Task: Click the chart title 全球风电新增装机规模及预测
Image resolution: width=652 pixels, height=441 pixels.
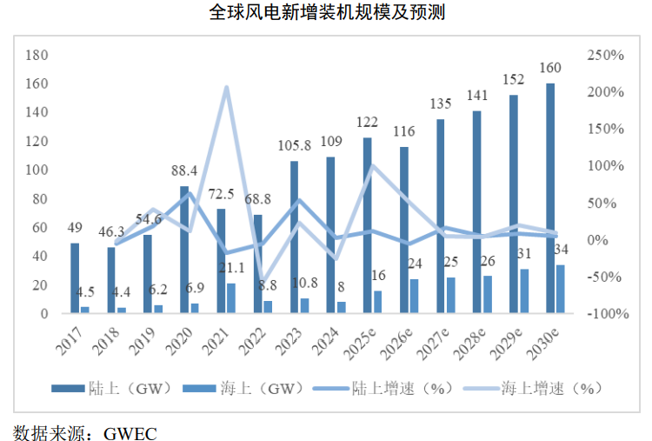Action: pyautogui.click(x=327, y=12)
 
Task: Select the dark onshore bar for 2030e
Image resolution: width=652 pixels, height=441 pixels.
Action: pyautogui.click(x=550, y=198)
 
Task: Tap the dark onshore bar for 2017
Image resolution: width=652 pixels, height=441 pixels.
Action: pyautogui.click(x=75, y=278)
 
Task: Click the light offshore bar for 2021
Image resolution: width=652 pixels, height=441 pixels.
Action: pyautogui.click(x=231, y=297)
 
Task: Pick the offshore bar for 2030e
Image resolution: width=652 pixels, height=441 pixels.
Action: pyautogui.click(x=561, y=289)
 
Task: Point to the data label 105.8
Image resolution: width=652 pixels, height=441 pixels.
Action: pyautogui.click(x=295, y=145)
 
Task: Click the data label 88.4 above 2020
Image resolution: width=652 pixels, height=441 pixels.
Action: pyautogui.click(x=184, y=170)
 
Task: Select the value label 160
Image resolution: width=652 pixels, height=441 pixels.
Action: pyautogui.click(x=550, y=67)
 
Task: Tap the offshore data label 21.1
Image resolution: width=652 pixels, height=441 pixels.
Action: pyautogui.click(x=231, y=268)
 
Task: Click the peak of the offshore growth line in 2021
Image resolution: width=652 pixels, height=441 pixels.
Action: pyautogui.click(x=226, y=87)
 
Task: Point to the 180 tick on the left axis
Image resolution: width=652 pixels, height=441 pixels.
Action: pyautogui.click(x=37, y=55)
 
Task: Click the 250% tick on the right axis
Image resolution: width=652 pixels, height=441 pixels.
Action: pyautogui.click(x=605, y=55)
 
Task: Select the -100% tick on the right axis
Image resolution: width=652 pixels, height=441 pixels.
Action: pyautogui.click(x=608, y=313)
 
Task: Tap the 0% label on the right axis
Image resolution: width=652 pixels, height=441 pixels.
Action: pyautogui.click(x=596, y=240)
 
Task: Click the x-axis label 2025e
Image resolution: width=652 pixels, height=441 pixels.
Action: pyautogui.click(x=360, y=344)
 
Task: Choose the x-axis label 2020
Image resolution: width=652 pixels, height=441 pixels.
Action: pyautogui.click(x=179, y=342)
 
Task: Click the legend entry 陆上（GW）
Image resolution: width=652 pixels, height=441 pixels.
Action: pyautogui.click(x=112, y=388)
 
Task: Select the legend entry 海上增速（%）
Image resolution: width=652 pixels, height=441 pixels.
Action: pyautogui.click(x=533, y=388)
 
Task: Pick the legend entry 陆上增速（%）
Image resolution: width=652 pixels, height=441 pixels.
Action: pyautogui.click(x=383, y=388)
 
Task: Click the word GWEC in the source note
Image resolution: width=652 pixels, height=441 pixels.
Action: pyautogui.click(x=130, y=433)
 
